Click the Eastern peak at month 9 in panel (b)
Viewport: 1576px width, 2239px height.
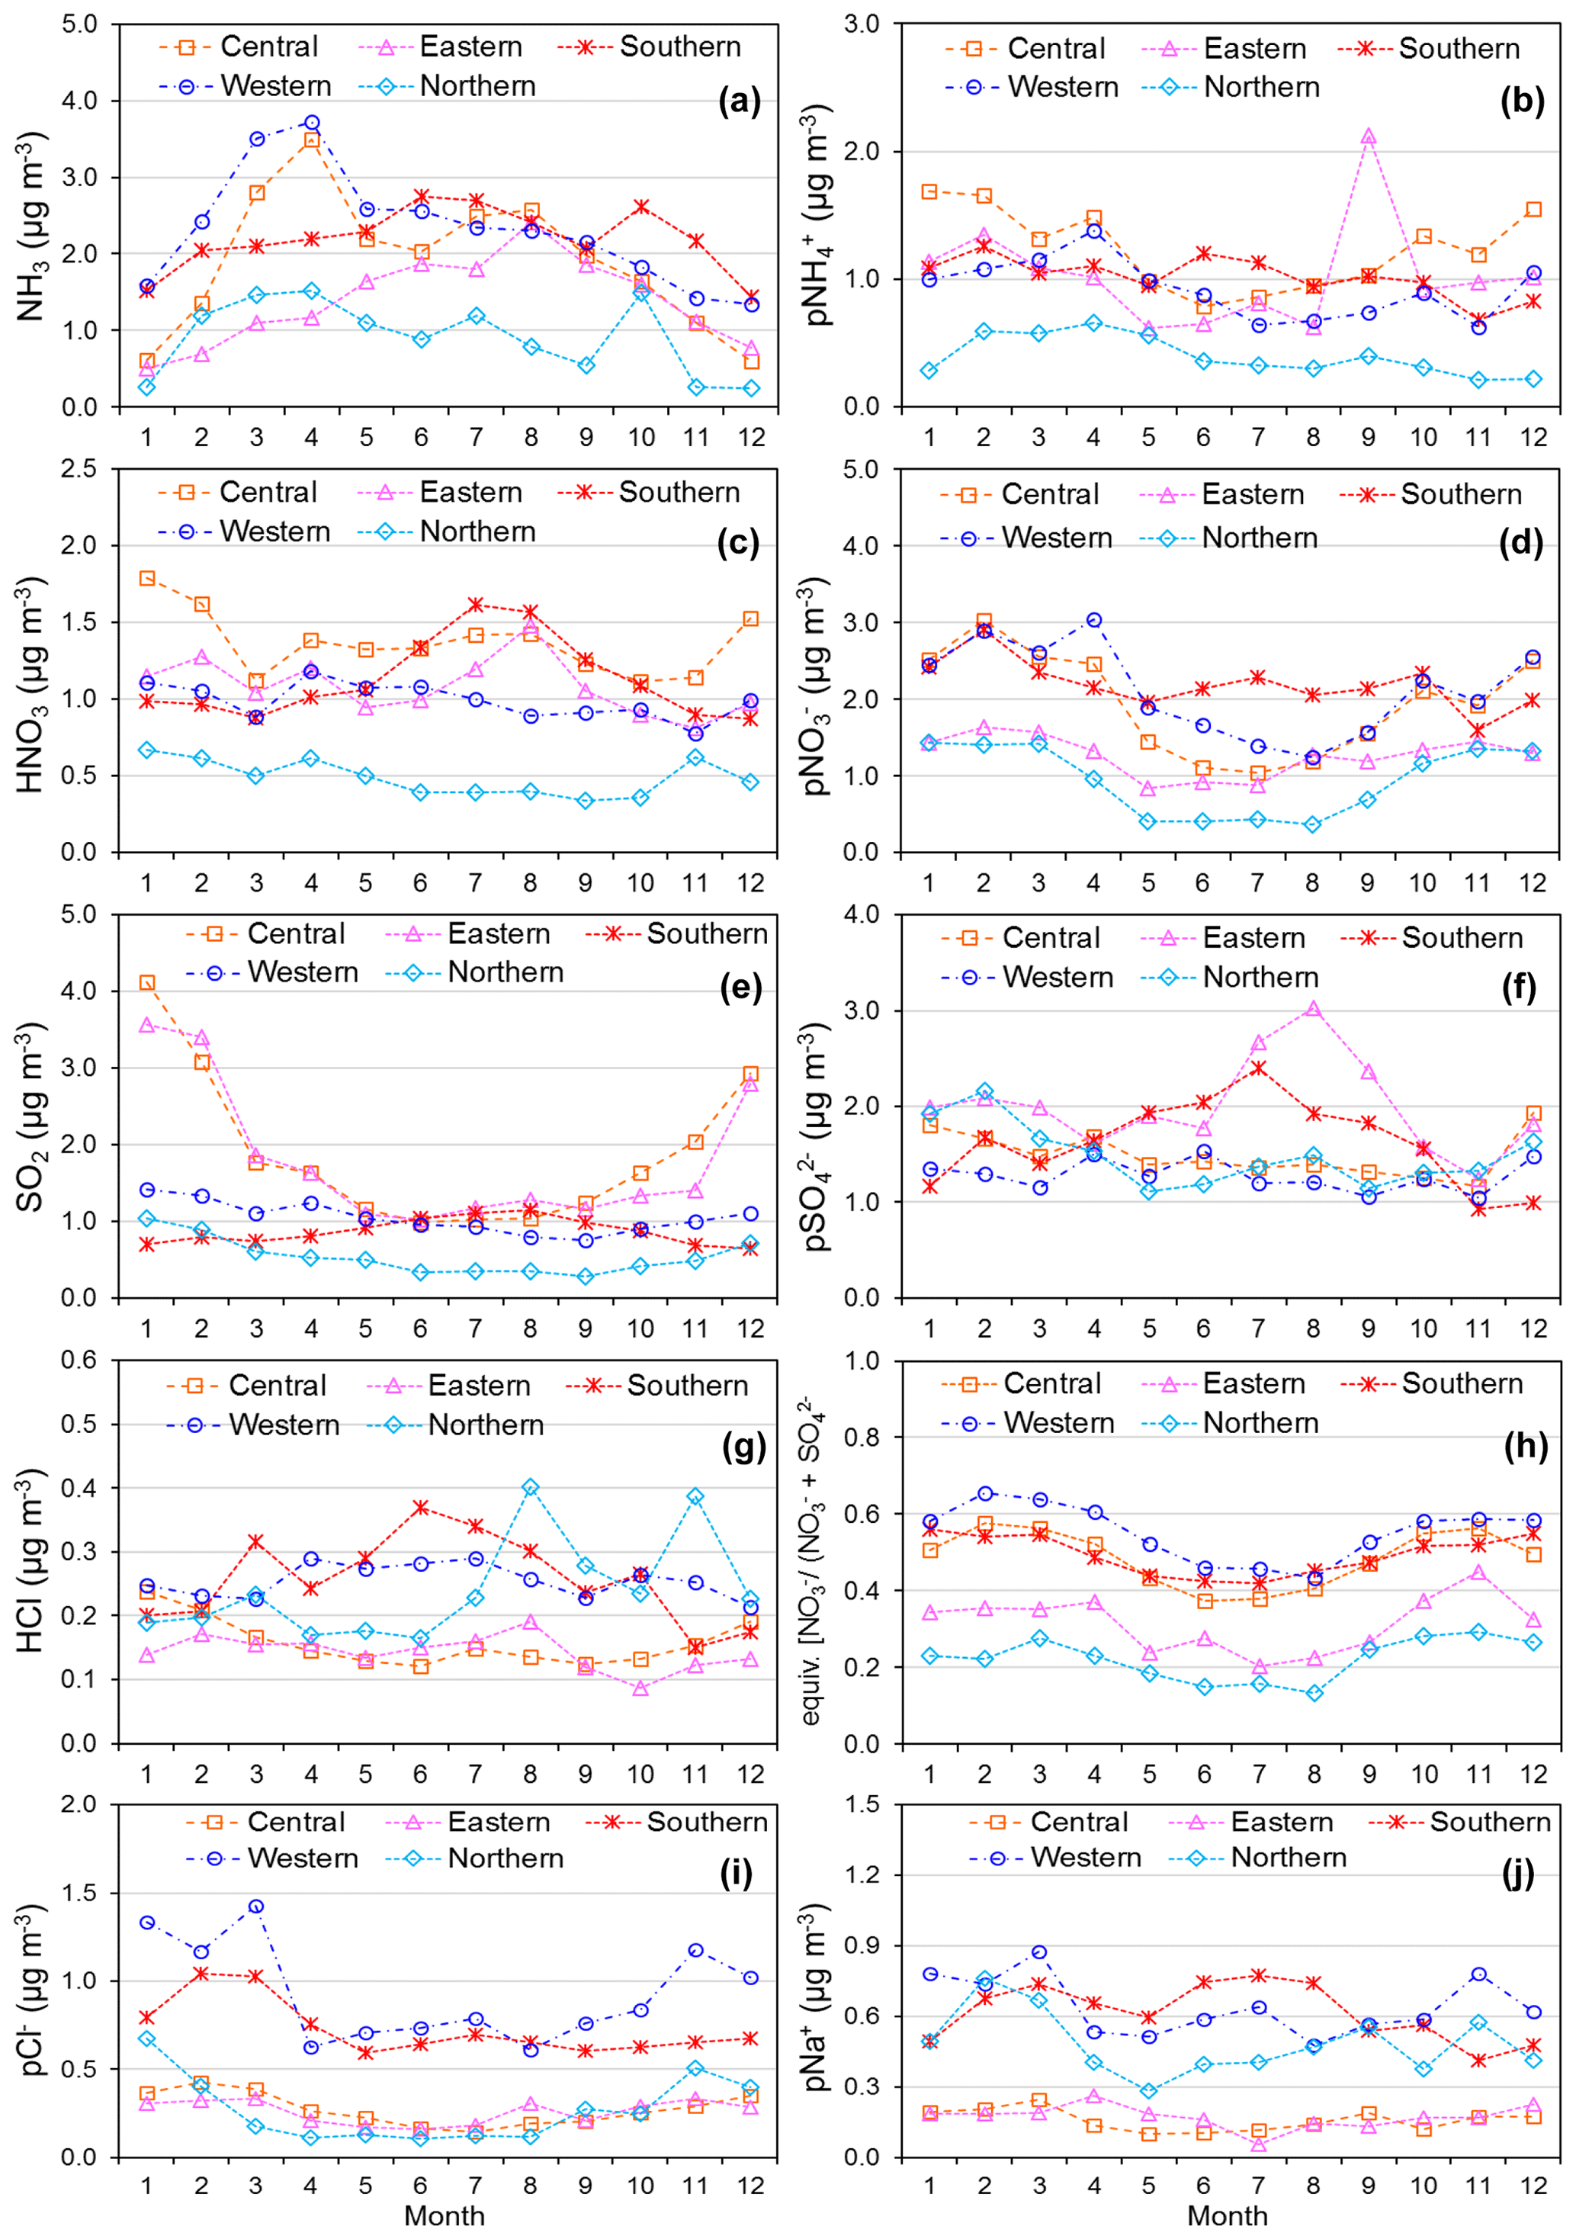(1369, 137)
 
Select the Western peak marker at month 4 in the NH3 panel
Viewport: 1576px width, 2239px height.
(311, 123)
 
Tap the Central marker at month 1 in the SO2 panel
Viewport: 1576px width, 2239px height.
(146, 982)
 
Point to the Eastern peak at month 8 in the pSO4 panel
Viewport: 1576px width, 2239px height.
(1313, 1010)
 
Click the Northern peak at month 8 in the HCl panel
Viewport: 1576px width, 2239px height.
(531, 1487)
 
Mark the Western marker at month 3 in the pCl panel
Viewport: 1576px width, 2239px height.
(255, 1907)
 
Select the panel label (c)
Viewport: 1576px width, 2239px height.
(737, 542)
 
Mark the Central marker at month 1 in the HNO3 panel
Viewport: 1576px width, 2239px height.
(146, 578)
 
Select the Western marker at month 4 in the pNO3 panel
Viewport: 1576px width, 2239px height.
(1093, 620)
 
